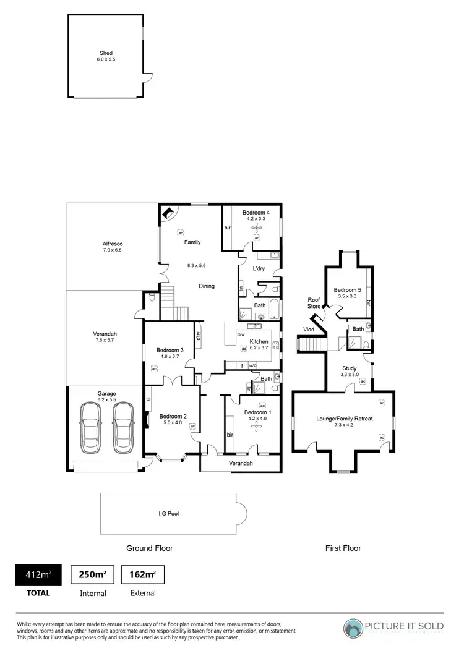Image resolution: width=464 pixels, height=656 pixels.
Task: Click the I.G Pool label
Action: click(169, 513)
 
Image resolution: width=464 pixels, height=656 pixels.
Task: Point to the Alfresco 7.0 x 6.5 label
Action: click(112, 246)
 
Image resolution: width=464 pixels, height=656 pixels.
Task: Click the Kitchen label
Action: click(259, 341)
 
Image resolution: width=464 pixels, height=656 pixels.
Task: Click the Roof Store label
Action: click(314, 303)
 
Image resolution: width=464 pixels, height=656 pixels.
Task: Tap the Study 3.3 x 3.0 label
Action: click(350, 372)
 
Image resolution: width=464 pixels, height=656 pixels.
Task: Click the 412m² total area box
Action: click(38, 575)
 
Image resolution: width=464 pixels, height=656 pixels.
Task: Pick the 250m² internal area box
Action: click(92, 575)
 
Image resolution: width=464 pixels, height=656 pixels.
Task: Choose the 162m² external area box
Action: click(142, 575)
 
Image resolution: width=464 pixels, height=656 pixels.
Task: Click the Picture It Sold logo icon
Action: click(354, 628)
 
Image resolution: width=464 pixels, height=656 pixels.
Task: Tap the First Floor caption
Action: click(343, 548)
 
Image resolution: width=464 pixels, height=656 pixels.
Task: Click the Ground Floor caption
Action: click(149, 548)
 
